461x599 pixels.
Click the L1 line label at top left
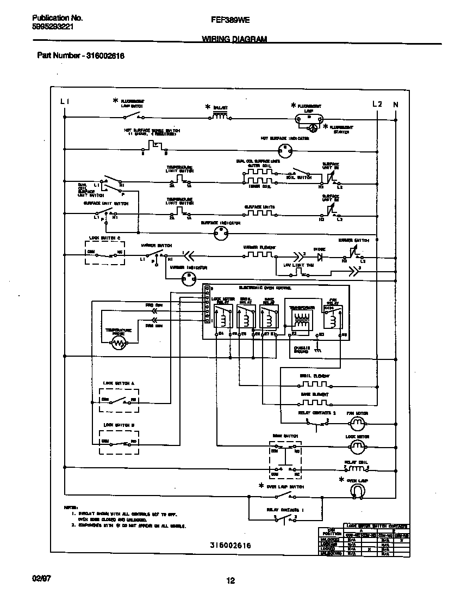click(x=64, y=102)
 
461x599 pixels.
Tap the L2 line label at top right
click(x=377, y=103)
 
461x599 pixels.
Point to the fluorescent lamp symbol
click(x=309, y=117)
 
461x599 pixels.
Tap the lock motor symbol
click(x=356, y=447)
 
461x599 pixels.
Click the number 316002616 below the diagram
click(x=230, y=545)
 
